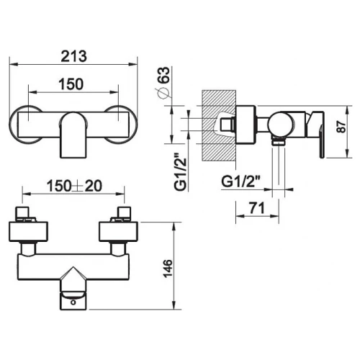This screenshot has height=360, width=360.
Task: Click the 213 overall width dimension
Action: tap(73, 57)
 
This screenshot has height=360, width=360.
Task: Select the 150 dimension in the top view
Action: tap(71, 84)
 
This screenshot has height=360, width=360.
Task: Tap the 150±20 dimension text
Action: tap(74, 186)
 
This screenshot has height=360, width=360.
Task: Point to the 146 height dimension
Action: tap(168, 268)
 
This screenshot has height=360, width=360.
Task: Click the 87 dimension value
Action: tap(341, 127)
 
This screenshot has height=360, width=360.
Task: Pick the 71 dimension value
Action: tap(257, 208)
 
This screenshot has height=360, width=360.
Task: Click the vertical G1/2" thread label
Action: tap(181, 171)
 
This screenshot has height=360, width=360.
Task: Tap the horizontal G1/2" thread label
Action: tap(241, 181)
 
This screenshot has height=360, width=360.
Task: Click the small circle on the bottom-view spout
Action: tap(73, 302)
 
